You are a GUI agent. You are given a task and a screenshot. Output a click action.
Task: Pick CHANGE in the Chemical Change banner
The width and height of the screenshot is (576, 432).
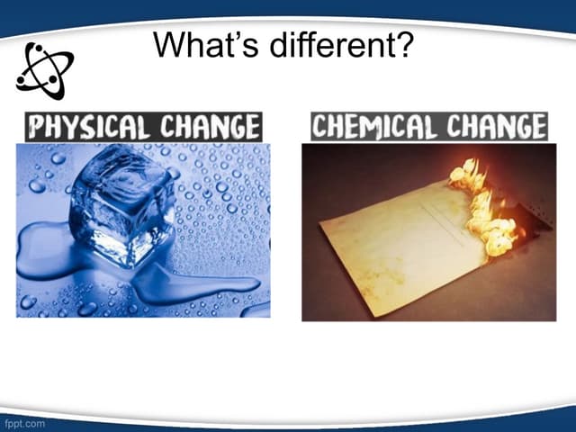coord(496,127)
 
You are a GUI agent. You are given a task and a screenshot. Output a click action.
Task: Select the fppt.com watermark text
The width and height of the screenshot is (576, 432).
coord(23,421)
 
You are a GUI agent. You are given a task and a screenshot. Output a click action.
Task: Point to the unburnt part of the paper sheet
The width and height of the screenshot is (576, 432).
coord(396,243)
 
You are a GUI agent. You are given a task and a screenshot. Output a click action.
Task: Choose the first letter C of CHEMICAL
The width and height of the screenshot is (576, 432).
coord(320,127)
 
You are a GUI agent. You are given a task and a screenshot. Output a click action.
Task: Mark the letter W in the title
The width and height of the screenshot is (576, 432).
coord(169,44)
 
